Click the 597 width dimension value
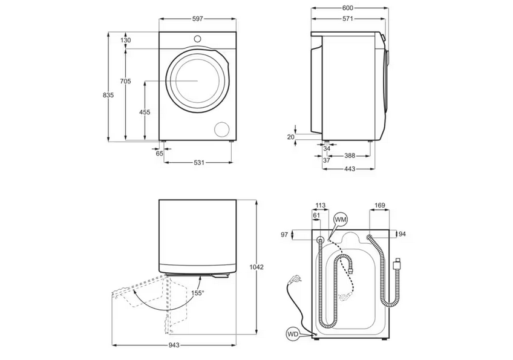[197, 19]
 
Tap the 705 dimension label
[126, 81]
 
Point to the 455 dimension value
[145, 113]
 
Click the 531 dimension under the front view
[198, 162]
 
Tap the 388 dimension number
[350, 155]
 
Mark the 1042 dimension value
[258, 267]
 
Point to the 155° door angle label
[198, 293]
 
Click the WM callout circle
[341, 218]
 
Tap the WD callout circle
[293, 333]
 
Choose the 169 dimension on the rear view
[379, 206]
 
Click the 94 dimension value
[402, 234]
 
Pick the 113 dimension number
[321, 205]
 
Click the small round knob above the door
[197, 39]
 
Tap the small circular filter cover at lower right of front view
[223, 129]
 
